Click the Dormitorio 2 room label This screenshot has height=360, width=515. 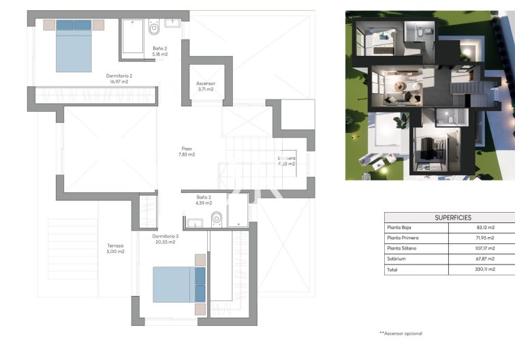pyautogui.click(x=119, y=78)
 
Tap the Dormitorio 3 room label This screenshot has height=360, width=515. pyautogui.click(x=163, y=239)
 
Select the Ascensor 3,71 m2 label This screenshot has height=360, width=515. pyautogui.click(x=205, y=86)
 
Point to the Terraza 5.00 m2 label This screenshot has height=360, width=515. pyautogui.click(x=115, y=249)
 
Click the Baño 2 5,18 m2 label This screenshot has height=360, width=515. pyautogui.click(x=160, y=50)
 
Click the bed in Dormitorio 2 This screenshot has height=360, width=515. pyautogui.click(x=73, y=46)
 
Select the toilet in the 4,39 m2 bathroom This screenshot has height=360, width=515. pyautogui.click(x=217, y=218)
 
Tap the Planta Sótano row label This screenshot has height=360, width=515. pyautogui.click(x=403, y=249)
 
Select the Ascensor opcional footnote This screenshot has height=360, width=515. pyautogui.click(x=401, y=333)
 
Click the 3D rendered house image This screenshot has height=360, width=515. pyautogui.click(x=429, y=95)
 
